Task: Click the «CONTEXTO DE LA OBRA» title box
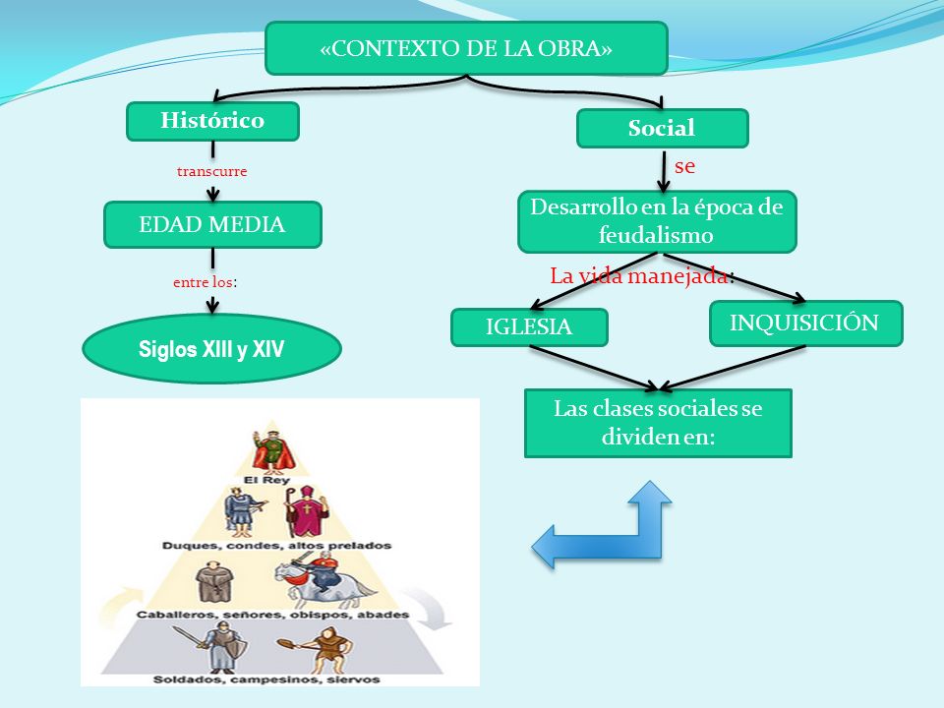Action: [x=466, y=48]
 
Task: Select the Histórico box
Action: [x=212, y=121]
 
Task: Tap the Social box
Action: [x=662, y=128]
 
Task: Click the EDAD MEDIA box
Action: [x=212, y=224]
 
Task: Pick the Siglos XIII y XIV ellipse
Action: [x=212, y=349]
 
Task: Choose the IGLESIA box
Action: [x=529, y=326]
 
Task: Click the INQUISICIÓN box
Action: [x=806, y=324]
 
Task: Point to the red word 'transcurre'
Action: [x=212, y=171]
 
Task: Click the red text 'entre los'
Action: [x=203, y=282]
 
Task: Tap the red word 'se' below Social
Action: [x=685, y=166]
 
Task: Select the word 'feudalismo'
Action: [x=656, y=235]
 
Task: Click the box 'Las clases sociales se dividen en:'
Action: [x=658, y=423]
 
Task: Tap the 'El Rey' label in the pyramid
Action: [x=266, y=480]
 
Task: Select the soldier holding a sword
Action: [x=215, y=647]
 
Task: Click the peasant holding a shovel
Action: [x=319, y=649]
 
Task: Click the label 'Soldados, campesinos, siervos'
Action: [x=266, y=679]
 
